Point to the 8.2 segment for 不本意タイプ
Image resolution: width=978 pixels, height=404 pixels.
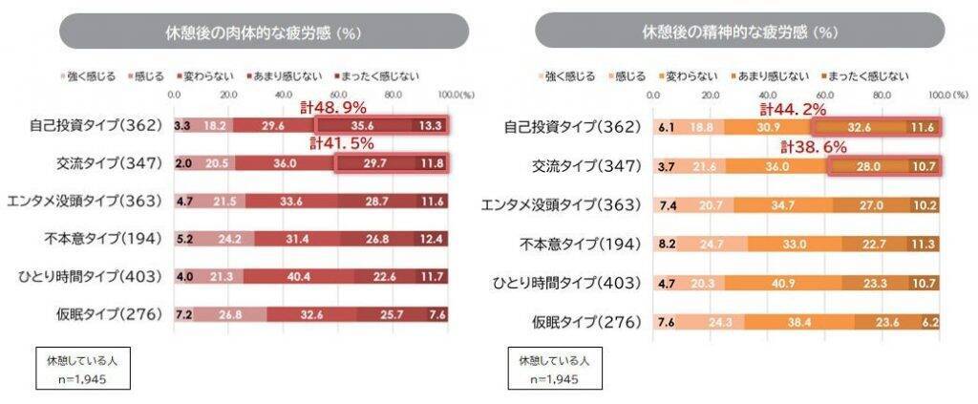pos(667,245)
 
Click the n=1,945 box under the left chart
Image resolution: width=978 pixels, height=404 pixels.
pos(80,371)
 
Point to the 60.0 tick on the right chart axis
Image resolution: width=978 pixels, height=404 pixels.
pos(826,96)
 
